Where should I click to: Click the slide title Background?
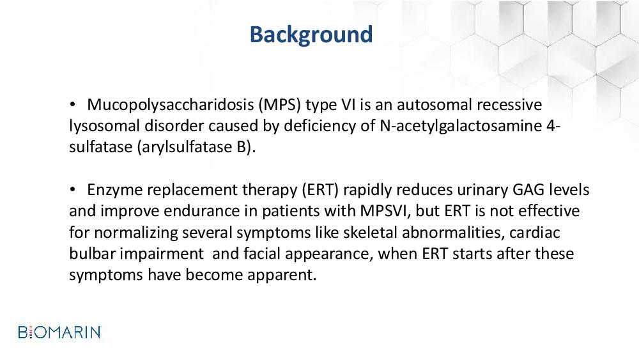tap(311, 35)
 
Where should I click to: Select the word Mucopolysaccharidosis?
tap(171, 106)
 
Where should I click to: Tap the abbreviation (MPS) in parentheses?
tap(280, 106)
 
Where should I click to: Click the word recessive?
tap(509, 105)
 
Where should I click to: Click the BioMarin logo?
tap(59, 333)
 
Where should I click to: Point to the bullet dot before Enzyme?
tap(73, 190)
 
